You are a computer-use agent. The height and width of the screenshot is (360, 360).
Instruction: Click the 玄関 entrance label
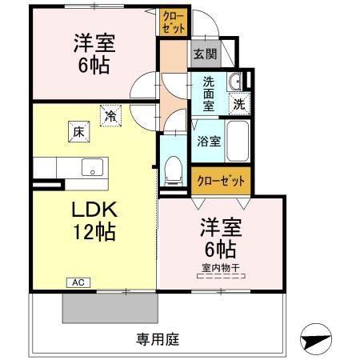click(x=204, y=54)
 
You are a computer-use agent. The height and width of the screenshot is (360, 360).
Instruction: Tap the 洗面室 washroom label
click(x=208, y=93)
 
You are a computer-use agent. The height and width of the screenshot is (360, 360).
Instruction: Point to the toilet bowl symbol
click(x=171, y=166)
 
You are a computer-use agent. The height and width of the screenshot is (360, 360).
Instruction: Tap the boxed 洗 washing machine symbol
click(x=239, y=102)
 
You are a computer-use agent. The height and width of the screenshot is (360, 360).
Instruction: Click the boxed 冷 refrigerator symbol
click(x=110, y=115)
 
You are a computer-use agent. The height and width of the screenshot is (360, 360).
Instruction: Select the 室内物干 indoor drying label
click(x=222, y=268)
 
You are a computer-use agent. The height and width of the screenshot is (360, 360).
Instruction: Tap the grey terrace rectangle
click(x=110, y=307)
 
